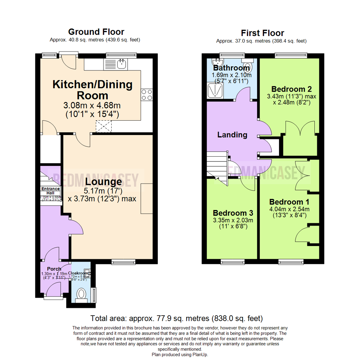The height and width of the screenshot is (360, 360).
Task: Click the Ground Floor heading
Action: coord(96,32)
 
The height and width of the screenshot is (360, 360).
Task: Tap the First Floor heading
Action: coord(262,33)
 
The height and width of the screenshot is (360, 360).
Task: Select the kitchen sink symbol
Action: coord(115,64)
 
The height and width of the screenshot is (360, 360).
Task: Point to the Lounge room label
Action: coord(103,182)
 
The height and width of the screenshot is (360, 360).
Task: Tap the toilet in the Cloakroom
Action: coord(81,295)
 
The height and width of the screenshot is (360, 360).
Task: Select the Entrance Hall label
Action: coord(51,191)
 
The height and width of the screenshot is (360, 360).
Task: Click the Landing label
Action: coord(232,135)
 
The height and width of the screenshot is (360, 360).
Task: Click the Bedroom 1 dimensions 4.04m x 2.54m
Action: coord(289,209)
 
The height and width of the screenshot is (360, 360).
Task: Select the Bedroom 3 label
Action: coord(232,213)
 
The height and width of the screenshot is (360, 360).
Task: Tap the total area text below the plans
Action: coord(177,318)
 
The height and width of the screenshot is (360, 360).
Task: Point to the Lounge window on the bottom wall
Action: coord(124,262)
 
